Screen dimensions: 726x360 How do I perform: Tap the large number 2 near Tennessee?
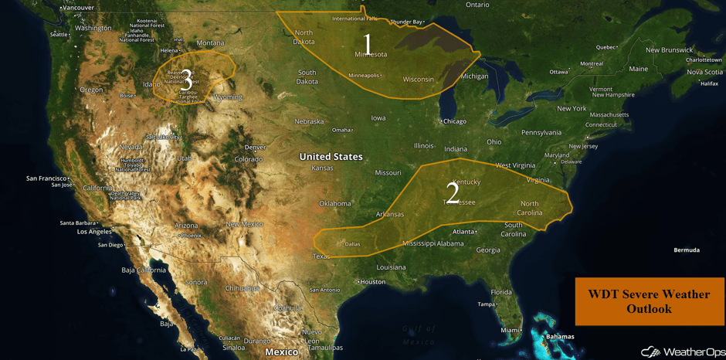point(453,192)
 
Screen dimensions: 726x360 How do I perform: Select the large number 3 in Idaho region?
point(186,79)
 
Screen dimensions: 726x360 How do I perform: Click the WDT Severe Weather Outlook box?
point(649,301)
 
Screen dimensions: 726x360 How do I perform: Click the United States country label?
point(331,157)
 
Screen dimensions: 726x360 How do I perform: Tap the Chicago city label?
point(455,121)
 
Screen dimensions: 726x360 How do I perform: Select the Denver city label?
point(254,148)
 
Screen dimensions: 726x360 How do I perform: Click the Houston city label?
point(372,282)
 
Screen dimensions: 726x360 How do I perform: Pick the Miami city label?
point(509,330)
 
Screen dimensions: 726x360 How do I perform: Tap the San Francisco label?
point(48,178)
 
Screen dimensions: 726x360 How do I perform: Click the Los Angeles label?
point(94,232)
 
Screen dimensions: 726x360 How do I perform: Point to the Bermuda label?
point(686,250)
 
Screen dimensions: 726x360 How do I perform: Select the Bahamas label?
point(560,337)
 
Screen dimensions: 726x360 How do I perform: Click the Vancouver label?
point(77,8)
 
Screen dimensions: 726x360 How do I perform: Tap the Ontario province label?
point(477,5)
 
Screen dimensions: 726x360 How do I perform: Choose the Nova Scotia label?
point(704,72)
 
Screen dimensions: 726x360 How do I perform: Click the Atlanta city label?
point(463,232)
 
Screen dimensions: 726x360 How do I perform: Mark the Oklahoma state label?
point(334,204)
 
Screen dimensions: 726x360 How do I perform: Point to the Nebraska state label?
point(309,121)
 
